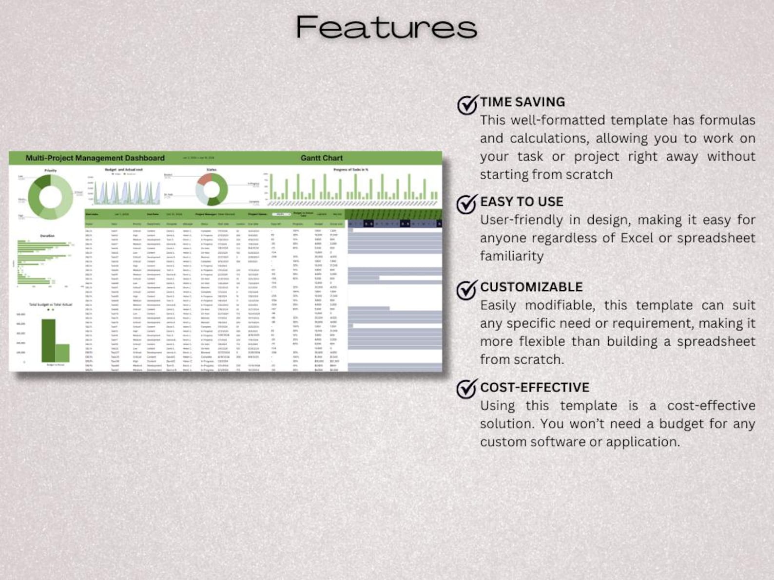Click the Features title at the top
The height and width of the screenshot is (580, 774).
386,27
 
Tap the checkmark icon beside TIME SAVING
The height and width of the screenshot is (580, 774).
467,104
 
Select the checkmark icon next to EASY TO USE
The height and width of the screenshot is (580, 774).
466,204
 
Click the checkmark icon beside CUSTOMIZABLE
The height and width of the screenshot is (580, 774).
466,289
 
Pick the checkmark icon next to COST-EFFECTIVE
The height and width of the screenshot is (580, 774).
466,389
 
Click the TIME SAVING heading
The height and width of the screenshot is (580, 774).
522,102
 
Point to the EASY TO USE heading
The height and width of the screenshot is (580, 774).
522,202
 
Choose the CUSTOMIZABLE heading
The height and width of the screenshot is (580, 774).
531,287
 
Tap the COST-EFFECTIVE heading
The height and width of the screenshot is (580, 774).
535,388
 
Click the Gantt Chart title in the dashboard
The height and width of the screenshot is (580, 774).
321,158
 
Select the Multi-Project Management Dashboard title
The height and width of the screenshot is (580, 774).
95,158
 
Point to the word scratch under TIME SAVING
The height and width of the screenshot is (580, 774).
589,174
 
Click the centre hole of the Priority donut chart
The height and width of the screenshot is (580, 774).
50,197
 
